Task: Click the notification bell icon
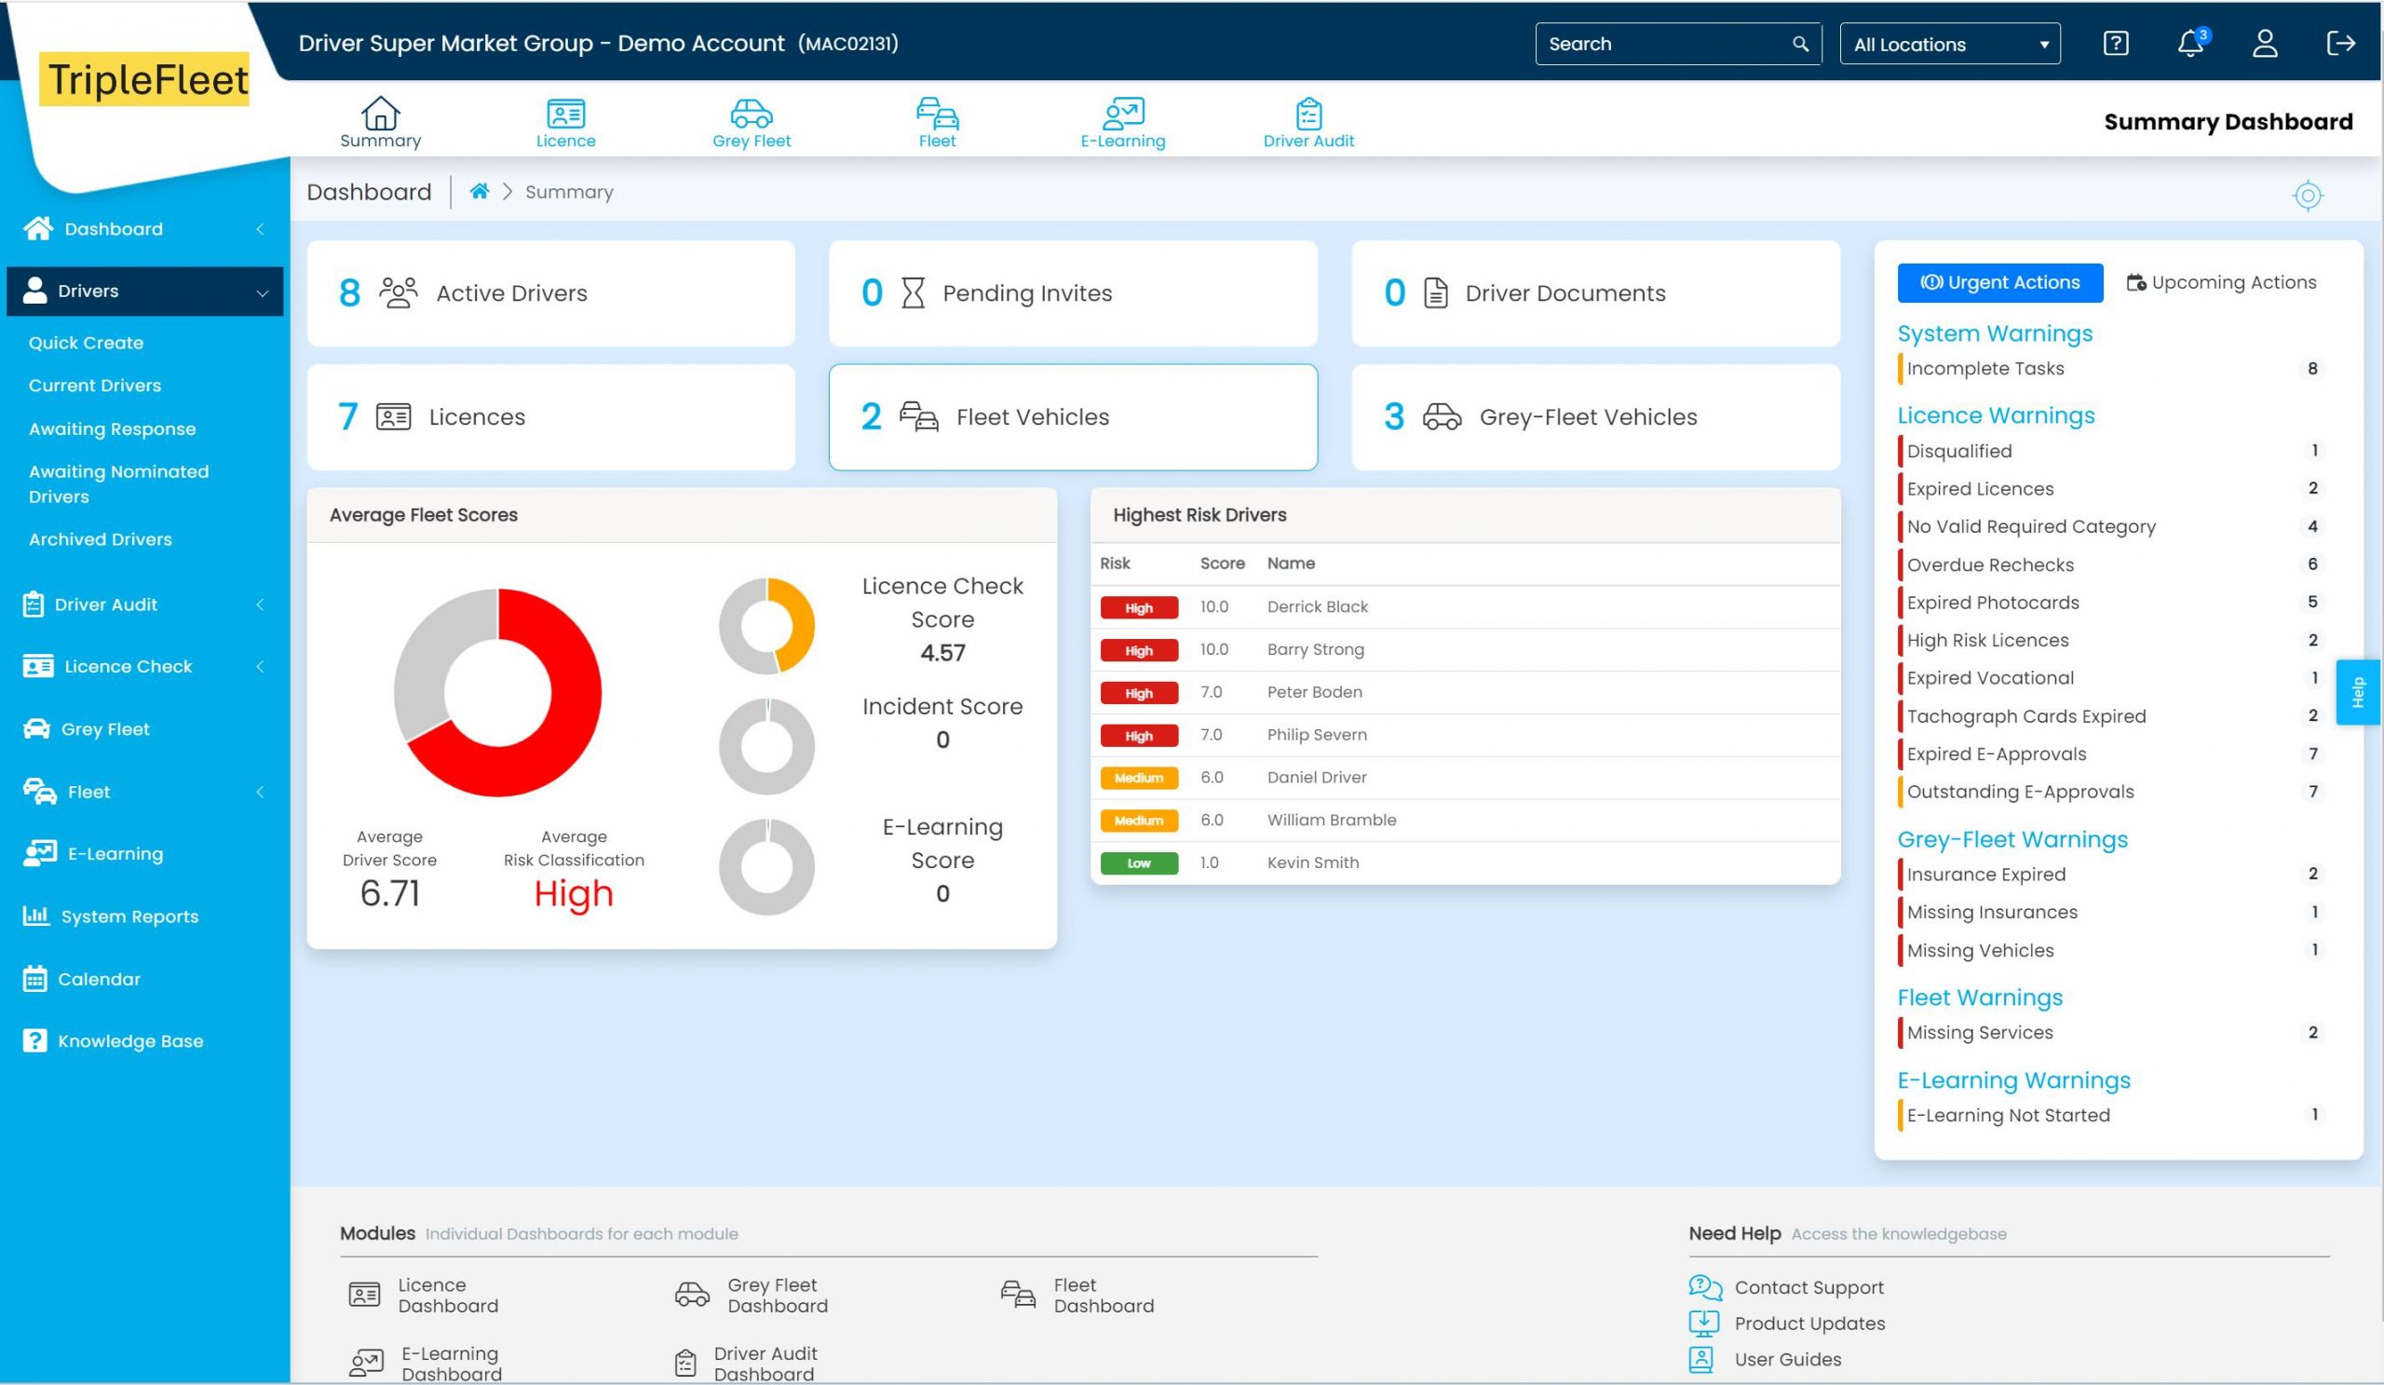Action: coord(2189,45)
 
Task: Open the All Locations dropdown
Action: coord(1949,45)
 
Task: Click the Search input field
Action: coord(1665,45)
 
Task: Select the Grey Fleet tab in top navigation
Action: coord(752,123)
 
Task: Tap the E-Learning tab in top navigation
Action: coord(1123,123)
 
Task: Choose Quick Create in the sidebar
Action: coord(86,343)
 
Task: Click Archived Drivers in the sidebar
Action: coord(101,539)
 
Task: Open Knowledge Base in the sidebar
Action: coord(129,1040)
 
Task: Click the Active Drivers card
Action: coord(550,293)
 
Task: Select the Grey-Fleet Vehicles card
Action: coord(1595,417)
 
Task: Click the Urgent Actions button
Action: coord(2000,283)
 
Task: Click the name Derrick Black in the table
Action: coord(1317,607)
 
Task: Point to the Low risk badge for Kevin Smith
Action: coord(1139,862)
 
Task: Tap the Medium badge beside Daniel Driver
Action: coord(1139,778)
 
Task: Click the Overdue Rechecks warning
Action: coord(1990,564)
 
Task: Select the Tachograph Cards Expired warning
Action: coord(2026,716)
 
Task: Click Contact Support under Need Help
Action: coord(1808,1287)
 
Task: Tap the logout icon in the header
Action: coord(2339,44)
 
